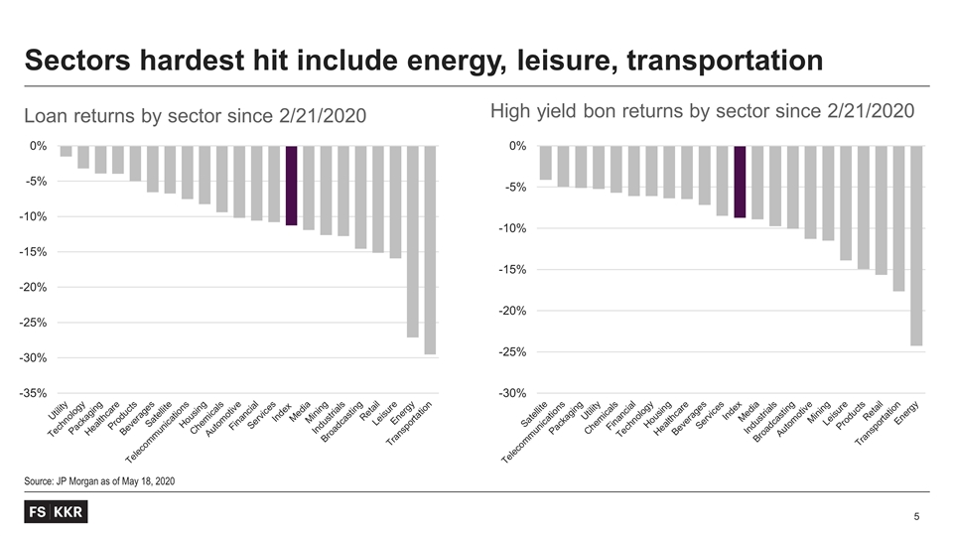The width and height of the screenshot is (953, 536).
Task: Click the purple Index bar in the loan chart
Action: (x=291, y=186)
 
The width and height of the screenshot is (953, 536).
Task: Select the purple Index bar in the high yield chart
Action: (x=740, y=182)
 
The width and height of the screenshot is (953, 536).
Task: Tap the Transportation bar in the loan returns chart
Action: (x=430, y=250)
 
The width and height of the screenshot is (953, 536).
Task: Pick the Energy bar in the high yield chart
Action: (x=916, y=245)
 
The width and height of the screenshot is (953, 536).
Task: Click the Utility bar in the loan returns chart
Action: (x=66, y=151)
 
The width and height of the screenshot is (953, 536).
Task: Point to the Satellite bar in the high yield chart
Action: (x=545, y=163)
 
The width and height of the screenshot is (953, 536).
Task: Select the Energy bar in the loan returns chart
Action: (x=413, y=241)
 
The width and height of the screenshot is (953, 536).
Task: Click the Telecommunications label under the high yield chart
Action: (x=533, y=434)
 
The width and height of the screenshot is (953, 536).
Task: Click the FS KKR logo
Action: (x=55, y=512)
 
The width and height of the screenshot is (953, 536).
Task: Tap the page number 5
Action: (x=917, y=516)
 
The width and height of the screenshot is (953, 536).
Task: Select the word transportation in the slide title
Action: (x=715, y=62)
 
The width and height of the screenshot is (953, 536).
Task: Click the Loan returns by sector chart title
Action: (x=196, y=117)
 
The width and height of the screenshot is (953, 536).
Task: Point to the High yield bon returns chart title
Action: (x=702, y=111)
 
